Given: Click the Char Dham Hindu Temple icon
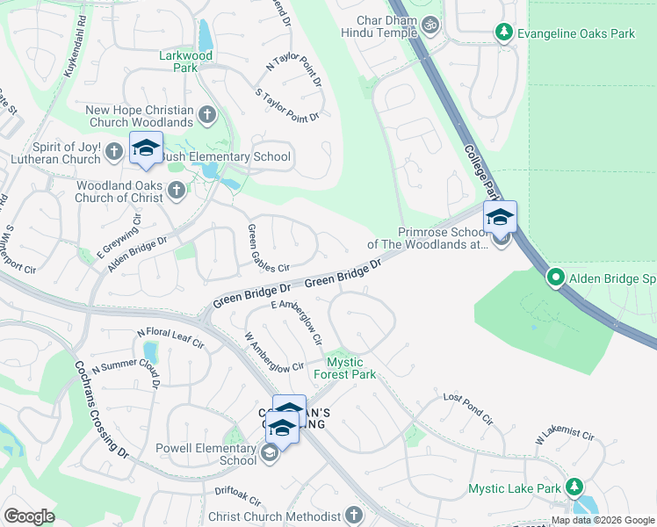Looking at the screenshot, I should [x=430, y=25].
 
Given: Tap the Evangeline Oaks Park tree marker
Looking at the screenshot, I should [x=504, y=33].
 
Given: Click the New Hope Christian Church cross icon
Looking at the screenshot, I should [x=207, y=113].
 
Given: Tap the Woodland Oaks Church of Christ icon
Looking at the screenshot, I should [x=176, y=190].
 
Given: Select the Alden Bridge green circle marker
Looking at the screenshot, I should [x=556, y=278].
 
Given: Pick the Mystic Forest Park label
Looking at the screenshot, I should [x=351, y=368].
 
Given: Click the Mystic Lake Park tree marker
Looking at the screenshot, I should [x=574, y=486].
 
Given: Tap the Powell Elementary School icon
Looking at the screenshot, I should [x=270, y=453].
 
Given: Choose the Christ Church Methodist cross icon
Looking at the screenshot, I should [x=354, y=515].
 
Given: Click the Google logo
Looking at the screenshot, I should [x=29, y=516].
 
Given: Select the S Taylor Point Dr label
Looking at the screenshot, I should [x=286, y=104].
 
